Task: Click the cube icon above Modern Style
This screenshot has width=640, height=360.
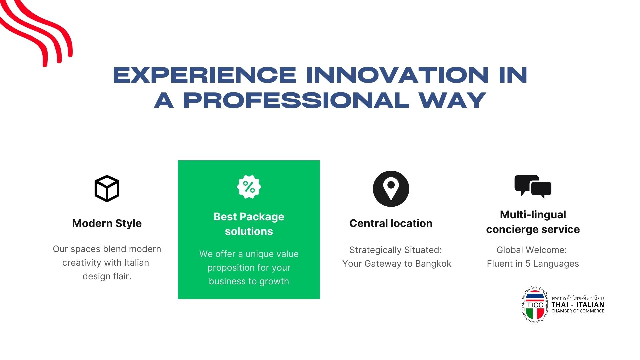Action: [107, 189]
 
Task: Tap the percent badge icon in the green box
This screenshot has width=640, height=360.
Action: [249, 187]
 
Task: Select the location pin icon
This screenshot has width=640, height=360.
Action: [391, 189]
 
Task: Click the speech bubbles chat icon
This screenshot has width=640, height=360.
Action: [533, 186]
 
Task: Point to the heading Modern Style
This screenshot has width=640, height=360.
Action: [107, 223]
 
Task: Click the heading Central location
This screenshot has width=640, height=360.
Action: [391, 223]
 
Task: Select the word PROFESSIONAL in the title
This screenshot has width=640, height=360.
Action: [296, 100]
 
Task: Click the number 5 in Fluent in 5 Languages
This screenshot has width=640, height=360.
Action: [528, 264]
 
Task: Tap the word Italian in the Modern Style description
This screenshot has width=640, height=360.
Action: [136, 263]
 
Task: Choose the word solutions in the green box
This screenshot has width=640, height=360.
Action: [249, 231]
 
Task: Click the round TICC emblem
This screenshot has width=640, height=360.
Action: [535, 305]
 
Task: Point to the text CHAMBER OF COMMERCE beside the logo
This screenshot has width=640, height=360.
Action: [578, 311]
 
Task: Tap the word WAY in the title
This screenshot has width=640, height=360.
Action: [452, 100]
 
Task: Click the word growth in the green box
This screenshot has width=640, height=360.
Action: [274, 282]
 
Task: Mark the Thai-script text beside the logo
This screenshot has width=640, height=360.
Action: [578, 298]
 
